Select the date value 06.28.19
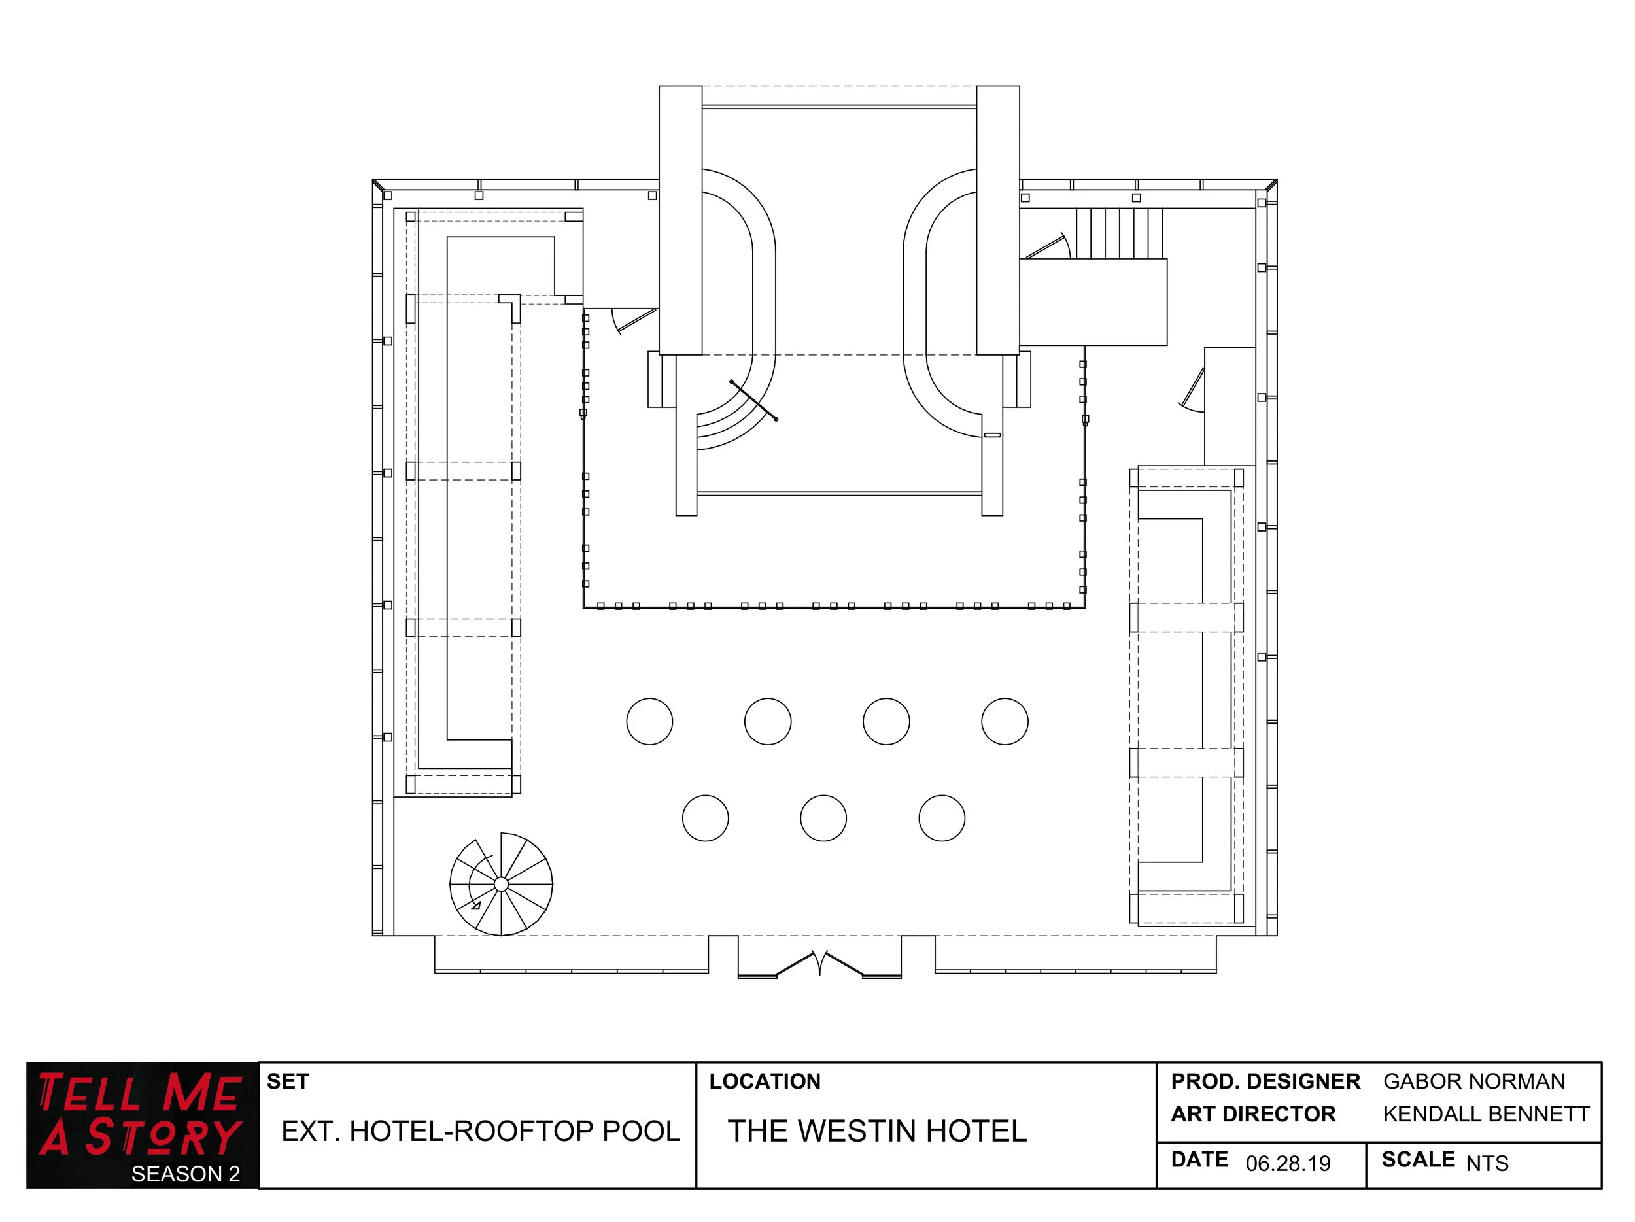[x=1288, y=1164]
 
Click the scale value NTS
[x=1487, y=1164]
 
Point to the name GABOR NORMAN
[x=1474, y=1081]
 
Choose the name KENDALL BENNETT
[x=1486, y=1114]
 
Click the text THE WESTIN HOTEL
[x=878, y=1131]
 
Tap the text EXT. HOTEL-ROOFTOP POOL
[x=481, y=1131]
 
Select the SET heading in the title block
[x=288, y=1081]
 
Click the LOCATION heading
[x=765, y=1081]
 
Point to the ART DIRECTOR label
[x=1253, y=1114]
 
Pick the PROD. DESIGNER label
[x=1265, y=1081]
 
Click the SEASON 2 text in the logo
[x=186, y=1174]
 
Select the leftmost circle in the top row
[x=649, y=721]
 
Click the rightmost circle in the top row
[x=1005, y=721]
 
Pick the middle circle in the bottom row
[x=823, y=818]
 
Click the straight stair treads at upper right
[x=1119, y=233]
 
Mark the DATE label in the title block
[x=1199, y=1160]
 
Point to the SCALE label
[x=1418, y=1160]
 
